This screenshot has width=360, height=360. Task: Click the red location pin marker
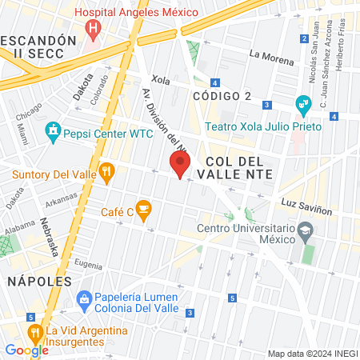(x=180, y=165)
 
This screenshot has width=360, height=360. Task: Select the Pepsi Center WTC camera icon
(x=54, y=129)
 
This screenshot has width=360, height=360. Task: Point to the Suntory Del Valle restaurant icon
(x=106, y=170)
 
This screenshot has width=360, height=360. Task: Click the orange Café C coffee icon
(x=144, y=210)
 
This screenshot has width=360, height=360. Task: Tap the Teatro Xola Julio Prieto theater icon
(x=303, y=103)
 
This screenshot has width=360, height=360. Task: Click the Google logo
(x=26, y=350)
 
